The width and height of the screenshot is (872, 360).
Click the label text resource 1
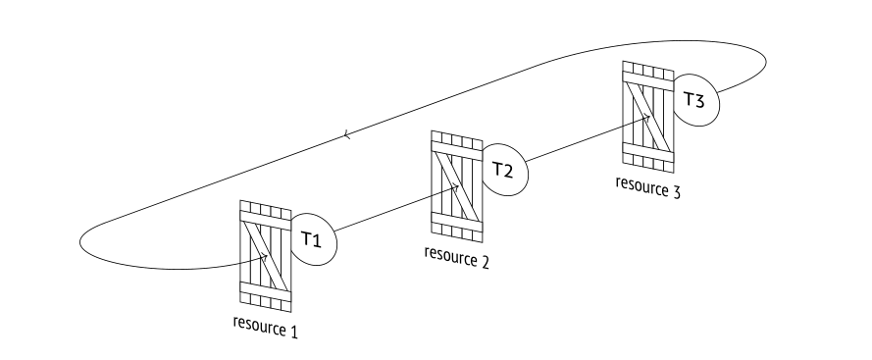pos(265,327)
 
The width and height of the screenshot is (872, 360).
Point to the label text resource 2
pos(456,257)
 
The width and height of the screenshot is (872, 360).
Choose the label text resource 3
pos(648,187)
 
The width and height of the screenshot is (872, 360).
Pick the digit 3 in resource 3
pos(676,192)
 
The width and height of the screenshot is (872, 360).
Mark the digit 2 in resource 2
pos(485,262)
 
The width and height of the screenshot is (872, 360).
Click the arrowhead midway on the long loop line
pos(346,134)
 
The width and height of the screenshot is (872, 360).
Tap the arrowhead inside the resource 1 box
pos(265,257)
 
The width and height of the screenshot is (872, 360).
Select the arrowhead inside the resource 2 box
pos(455,187)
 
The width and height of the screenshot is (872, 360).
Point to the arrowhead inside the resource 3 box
pos(646,118)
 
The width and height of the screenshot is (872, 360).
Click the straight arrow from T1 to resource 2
pos(397,209)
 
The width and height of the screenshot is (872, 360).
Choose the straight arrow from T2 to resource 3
pos(588,139)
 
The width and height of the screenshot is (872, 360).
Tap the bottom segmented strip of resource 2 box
pos(456,232)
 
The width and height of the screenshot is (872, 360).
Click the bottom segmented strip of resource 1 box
pos(265,302)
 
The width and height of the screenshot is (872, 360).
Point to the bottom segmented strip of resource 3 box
pos(648,163)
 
